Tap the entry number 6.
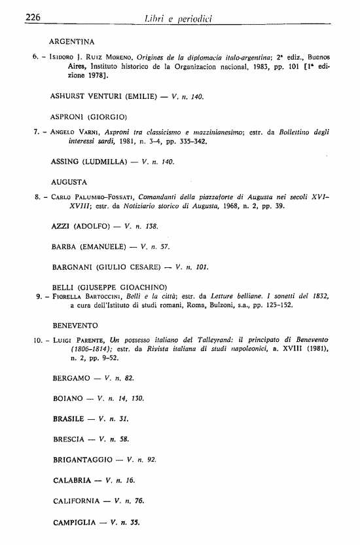pos(35,58)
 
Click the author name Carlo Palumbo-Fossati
pos(96,197)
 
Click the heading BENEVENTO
pos(75,325)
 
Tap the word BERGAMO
pos(71,379)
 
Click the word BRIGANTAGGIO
pos(83,460)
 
